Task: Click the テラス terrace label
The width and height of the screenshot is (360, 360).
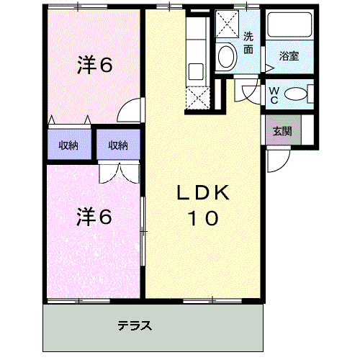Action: click(135, 325)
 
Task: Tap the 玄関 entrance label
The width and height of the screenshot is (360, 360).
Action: click(282, 131)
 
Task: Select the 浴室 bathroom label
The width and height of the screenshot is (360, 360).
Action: click(289, 56)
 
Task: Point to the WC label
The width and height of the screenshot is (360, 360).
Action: click(274, 95)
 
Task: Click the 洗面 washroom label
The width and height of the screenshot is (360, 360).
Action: click(248, 42)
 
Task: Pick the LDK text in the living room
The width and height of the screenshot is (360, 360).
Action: click(203, 192)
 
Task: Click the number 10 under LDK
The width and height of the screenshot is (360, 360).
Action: click(204, 218)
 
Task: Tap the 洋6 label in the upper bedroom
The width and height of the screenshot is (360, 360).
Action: click(94, 65)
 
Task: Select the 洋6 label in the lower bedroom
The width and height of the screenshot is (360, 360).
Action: click(94, 217)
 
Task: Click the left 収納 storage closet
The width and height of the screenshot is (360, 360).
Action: click(69, 145)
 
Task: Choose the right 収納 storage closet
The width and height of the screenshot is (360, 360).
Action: click(118, 145)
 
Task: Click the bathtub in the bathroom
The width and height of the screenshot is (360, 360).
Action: click(289, 24)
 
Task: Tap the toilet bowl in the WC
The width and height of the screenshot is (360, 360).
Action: click(296, 94)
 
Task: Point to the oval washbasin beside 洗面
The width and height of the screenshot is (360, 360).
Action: click(226, 57)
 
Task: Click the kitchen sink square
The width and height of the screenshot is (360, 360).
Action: click(196, 71)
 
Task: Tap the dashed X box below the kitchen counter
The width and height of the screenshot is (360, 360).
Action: click(198, 98)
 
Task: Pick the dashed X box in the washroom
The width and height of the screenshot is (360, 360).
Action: click(227, 24)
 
